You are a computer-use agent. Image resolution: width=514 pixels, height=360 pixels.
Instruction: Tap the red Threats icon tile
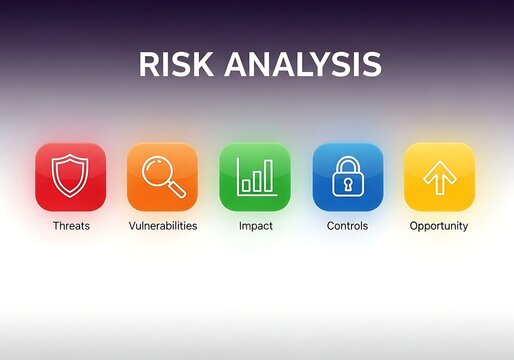click(70, 177)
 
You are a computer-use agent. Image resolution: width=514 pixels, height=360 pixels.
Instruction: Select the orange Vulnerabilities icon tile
click(162, 177)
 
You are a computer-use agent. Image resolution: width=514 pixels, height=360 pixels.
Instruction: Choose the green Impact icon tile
click(255, 177)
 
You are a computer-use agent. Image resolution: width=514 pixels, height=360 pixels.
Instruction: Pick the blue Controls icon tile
click(347, 177)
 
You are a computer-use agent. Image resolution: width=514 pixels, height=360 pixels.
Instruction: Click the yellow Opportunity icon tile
click(439, 177)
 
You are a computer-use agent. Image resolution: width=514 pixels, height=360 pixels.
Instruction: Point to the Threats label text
click(71, 226)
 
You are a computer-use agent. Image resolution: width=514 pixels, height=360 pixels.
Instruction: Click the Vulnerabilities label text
click(163, 226)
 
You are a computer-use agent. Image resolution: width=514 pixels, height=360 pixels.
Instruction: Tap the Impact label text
click(255, 226)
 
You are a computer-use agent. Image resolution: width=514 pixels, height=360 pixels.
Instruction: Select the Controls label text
click(347, 226)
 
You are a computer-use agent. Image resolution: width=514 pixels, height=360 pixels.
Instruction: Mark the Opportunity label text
click(439, 226)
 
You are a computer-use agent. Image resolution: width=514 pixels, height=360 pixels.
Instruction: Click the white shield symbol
click(70, 176)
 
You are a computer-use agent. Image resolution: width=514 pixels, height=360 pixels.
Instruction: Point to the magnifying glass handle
click(176, 189)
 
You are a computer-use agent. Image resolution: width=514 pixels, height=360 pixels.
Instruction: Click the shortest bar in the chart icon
click(246, 186)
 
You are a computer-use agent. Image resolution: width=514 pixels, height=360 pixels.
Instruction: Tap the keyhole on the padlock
click(347, 183)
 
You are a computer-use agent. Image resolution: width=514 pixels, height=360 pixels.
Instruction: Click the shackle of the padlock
click(347, 163)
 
